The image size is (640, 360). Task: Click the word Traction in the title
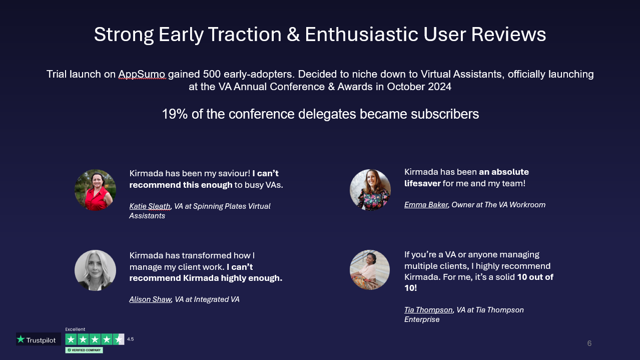tap(245, 35)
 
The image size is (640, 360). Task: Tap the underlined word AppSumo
tap(142, 74)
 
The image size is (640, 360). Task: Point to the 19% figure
tap(175, 114)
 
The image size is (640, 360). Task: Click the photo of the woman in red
tap(95, 190)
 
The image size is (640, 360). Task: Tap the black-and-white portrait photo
tap(95, 270)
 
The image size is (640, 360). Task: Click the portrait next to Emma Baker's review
tap(370, 190)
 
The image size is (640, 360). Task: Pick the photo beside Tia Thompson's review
tap(370, 270)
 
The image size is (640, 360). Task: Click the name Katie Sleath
tap(150, 206)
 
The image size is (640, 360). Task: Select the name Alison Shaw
tap(150, 299)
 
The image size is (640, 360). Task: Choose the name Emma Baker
tap(426, 205)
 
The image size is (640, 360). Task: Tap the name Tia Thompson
tap(428, 310)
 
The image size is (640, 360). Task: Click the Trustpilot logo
tap(39, 339)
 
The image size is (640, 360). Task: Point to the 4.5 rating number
tap(130, 339)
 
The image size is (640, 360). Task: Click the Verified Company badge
tap(84, 350)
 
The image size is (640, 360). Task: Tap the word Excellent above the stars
tap(75, 329)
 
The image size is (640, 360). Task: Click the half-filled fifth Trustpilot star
tap(119, 339)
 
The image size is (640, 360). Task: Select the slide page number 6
tap(589, 343)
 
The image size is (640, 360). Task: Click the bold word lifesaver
tap(422, 183)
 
